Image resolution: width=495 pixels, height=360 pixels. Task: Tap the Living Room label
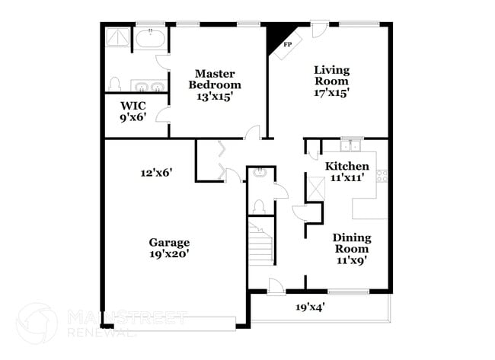(331, 75)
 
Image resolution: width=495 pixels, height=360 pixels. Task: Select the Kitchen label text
(347, 166)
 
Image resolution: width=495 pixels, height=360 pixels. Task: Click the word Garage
(169, 243)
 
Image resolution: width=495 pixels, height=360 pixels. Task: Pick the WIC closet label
(133, 106)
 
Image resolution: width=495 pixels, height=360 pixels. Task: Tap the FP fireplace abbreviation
(288, 45)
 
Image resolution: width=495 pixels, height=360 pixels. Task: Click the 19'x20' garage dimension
(169, 255)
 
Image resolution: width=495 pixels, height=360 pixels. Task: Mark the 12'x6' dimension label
(156, 173)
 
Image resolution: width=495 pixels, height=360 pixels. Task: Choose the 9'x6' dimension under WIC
(134, 119)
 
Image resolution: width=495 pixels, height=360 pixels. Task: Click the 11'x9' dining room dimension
(351, 260)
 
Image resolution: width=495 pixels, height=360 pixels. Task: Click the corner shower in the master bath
(118, 37)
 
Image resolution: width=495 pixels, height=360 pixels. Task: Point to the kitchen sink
(351, 145)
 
